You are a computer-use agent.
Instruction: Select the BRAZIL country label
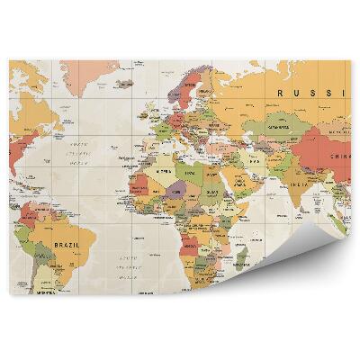(x=67, y=244)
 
